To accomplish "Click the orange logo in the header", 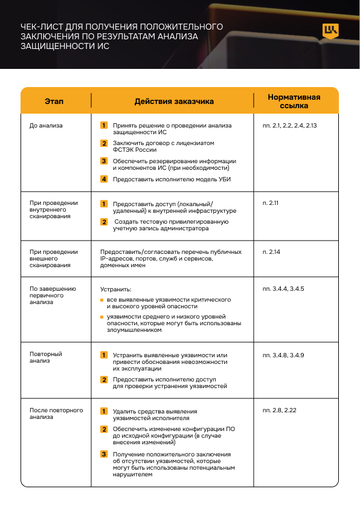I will (331, 31).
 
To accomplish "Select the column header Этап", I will (54, 102).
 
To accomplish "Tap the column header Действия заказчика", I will (173, 102).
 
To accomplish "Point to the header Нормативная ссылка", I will (294, 101).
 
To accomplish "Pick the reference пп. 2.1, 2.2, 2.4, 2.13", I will (290, 125).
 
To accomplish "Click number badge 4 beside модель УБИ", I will (104, 179).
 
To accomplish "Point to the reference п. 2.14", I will (271, 251).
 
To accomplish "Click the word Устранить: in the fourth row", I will (115, 290).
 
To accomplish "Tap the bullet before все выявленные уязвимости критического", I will (101, 300).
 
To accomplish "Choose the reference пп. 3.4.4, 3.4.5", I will (283, 289).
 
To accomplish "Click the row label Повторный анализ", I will (46, 357).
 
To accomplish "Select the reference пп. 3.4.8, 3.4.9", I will (283, 354).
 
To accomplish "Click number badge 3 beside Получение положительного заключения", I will (104, 454).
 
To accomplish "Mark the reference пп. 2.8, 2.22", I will (279, 410).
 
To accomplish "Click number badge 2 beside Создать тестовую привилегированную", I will (104, 222).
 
